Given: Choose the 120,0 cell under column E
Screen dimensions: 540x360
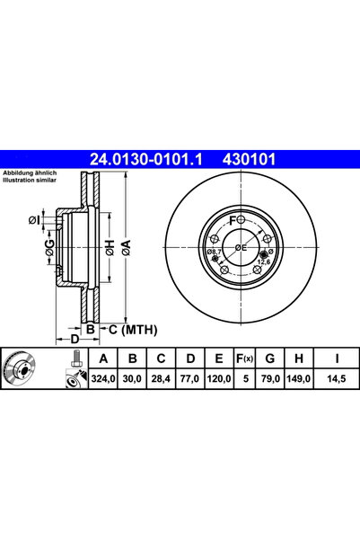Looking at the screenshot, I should (219, 379).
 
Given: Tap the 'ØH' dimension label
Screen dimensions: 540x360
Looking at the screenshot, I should (108, 249).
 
